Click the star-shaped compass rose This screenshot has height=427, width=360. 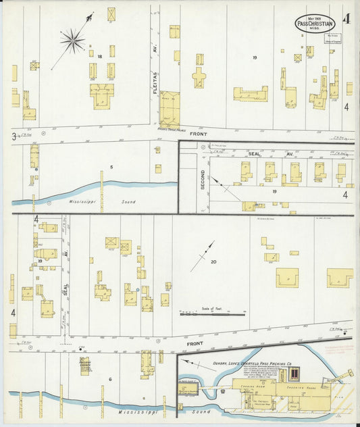point(72,41)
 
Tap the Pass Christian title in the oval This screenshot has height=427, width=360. point(315,23)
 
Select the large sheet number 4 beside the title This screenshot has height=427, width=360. point(346,19)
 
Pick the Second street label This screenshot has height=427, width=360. point(202,178)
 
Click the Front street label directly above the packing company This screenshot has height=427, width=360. point(196,343)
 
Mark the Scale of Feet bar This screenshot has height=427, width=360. point(212,313)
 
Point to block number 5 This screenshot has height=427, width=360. point(111,167)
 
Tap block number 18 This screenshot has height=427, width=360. point(99,56)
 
